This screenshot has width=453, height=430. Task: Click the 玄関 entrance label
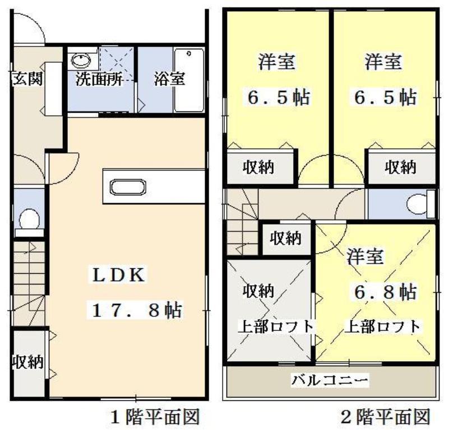coord(26,78)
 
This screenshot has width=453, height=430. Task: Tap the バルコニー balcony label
coord(330,381)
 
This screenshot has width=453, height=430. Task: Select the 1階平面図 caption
coord(155,417)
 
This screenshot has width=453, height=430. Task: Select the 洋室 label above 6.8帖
coord(365,257)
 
